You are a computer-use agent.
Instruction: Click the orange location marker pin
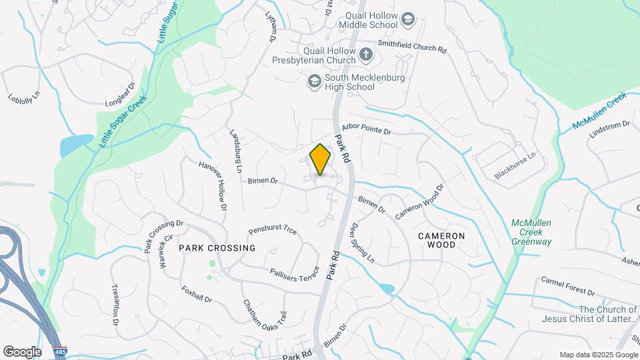coord(321,159)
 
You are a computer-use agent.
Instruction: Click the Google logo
coord(22,351)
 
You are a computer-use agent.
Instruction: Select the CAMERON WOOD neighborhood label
coord(441,240)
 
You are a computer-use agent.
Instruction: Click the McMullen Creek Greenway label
coord(531,232)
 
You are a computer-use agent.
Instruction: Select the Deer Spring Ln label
coord(363,242)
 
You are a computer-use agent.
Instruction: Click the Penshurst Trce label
coord(273,230)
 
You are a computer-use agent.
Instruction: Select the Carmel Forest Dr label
coord(567,286)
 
